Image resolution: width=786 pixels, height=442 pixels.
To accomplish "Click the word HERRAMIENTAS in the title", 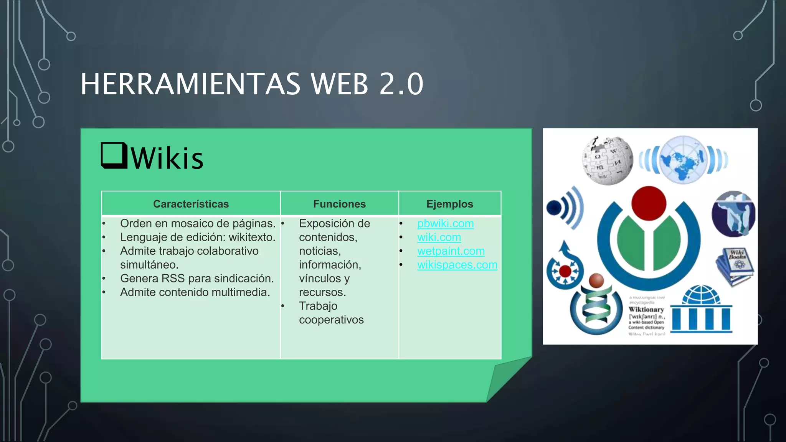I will (190, 84).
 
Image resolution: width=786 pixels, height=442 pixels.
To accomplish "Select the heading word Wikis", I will (167, 158).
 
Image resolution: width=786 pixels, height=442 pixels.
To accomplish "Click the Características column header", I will (191, 204).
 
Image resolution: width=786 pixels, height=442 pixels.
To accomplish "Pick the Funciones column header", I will (339, 204).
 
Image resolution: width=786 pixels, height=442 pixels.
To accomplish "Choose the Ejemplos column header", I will (449, 204).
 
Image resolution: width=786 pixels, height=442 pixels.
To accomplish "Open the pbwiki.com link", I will (445, 223).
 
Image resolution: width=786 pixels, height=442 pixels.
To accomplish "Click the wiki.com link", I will (439, 237).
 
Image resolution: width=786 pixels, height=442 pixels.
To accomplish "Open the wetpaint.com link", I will (451, 251).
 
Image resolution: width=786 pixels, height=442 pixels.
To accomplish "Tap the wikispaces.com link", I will (457, 265).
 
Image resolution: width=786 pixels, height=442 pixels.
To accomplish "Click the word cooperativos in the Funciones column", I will (331, 320).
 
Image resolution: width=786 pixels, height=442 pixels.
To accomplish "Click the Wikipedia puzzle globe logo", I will (607, 160).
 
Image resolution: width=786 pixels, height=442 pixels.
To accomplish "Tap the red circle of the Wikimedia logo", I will (649, 203).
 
